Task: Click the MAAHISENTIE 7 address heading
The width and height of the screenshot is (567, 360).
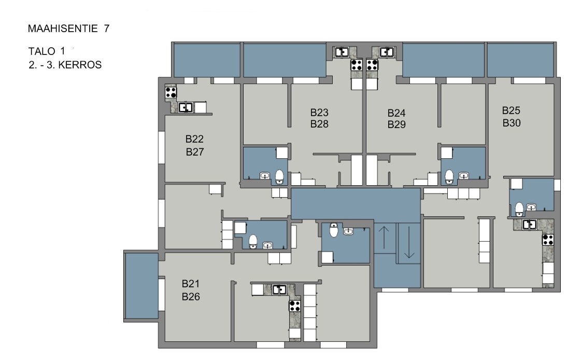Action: click(x=69, y=29)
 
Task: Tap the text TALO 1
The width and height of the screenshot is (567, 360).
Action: click(x=47, y=51)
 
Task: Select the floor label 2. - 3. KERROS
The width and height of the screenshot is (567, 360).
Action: click(x=65, y=65)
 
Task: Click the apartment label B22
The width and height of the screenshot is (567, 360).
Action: click(x=194, y=139)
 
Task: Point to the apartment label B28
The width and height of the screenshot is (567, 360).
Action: click(x=319, y=124)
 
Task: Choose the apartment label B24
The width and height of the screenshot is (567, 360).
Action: click(x=396, y=113)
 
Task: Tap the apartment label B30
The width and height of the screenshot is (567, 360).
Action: click(x=512, y=123)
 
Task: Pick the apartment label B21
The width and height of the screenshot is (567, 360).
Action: click(x=191, y=284)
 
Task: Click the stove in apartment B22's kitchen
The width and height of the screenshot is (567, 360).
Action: click(x=171, y=92)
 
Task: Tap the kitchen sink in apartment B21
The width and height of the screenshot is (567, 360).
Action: click(x=279, y=289)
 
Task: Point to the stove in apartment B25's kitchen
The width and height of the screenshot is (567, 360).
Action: click(x=548, y=240)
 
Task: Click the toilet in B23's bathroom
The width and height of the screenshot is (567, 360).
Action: click(x=279, y=176)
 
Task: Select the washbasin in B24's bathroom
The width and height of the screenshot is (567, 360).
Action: click(x=463, y=176)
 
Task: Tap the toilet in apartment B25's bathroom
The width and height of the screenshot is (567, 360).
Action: click(x=519, y=209)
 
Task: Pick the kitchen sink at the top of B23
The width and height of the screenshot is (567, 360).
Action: click(x=342, y=52)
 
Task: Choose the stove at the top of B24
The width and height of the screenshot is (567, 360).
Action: click(x=372, y=65)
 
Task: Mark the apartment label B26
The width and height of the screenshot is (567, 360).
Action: click(x=191, y=297)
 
